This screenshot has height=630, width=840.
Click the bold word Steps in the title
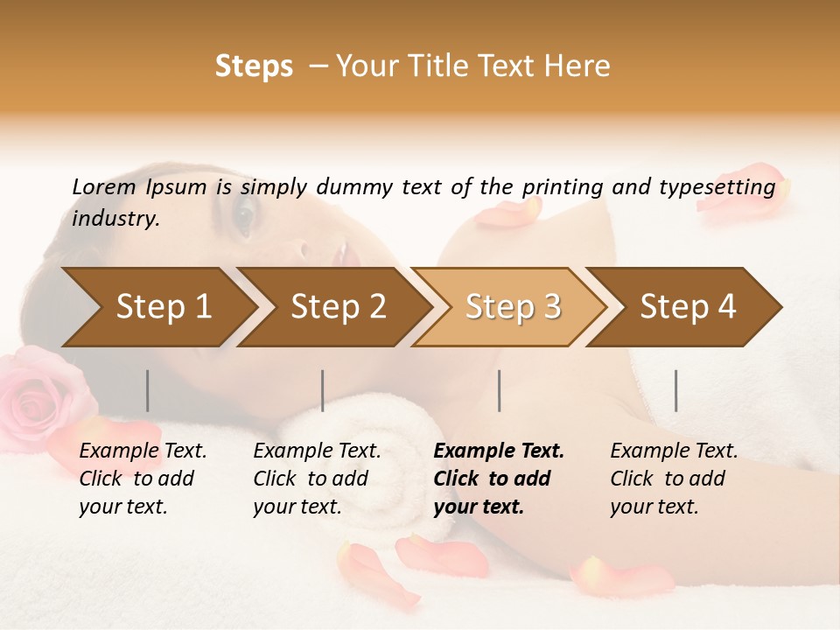(x=254, y=66)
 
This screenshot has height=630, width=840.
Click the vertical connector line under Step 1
(x=148, y=390)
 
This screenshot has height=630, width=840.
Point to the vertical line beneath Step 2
(x=323, y=390)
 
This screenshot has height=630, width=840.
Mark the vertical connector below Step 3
(x=499, y=390)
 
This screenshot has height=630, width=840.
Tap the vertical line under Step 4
(x=676, y=390)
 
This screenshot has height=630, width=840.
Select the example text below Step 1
(x=143, y=479)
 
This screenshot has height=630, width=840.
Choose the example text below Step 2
(x=317, y=479)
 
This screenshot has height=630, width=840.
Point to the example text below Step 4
(x=674, y=479)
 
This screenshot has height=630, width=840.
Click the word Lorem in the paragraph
(x=104, y=186)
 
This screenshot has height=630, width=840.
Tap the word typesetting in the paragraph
(x=725, y=186)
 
